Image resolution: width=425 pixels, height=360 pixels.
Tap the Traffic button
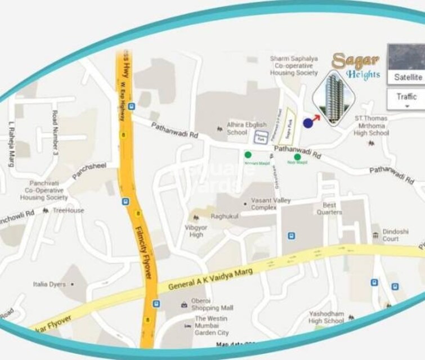point(406,96)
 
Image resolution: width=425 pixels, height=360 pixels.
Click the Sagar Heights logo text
point(356,66)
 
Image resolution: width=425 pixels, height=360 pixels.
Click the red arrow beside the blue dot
point(316,118)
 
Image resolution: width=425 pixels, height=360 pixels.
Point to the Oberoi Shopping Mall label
point(212,304)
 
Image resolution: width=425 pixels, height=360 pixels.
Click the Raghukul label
point(224,216)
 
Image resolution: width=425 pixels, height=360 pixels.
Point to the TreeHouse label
point(68,210)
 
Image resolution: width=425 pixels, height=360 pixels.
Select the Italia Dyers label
point(50,285)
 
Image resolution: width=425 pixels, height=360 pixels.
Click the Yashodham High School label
point(326,317)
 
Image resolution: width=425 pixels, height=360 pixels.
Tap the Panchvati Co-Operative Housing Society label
point(44,191)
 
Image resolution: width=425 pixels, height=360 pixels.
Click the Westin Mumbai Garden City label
point(212,326)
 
